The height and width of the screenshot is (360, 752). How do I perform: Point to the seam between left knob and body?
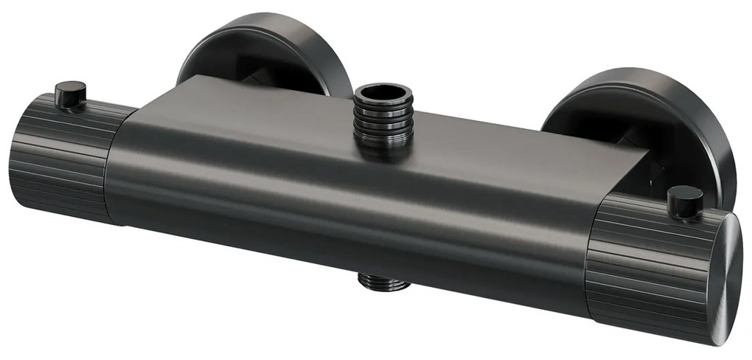pyautogui.click(x=111, y=170)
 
